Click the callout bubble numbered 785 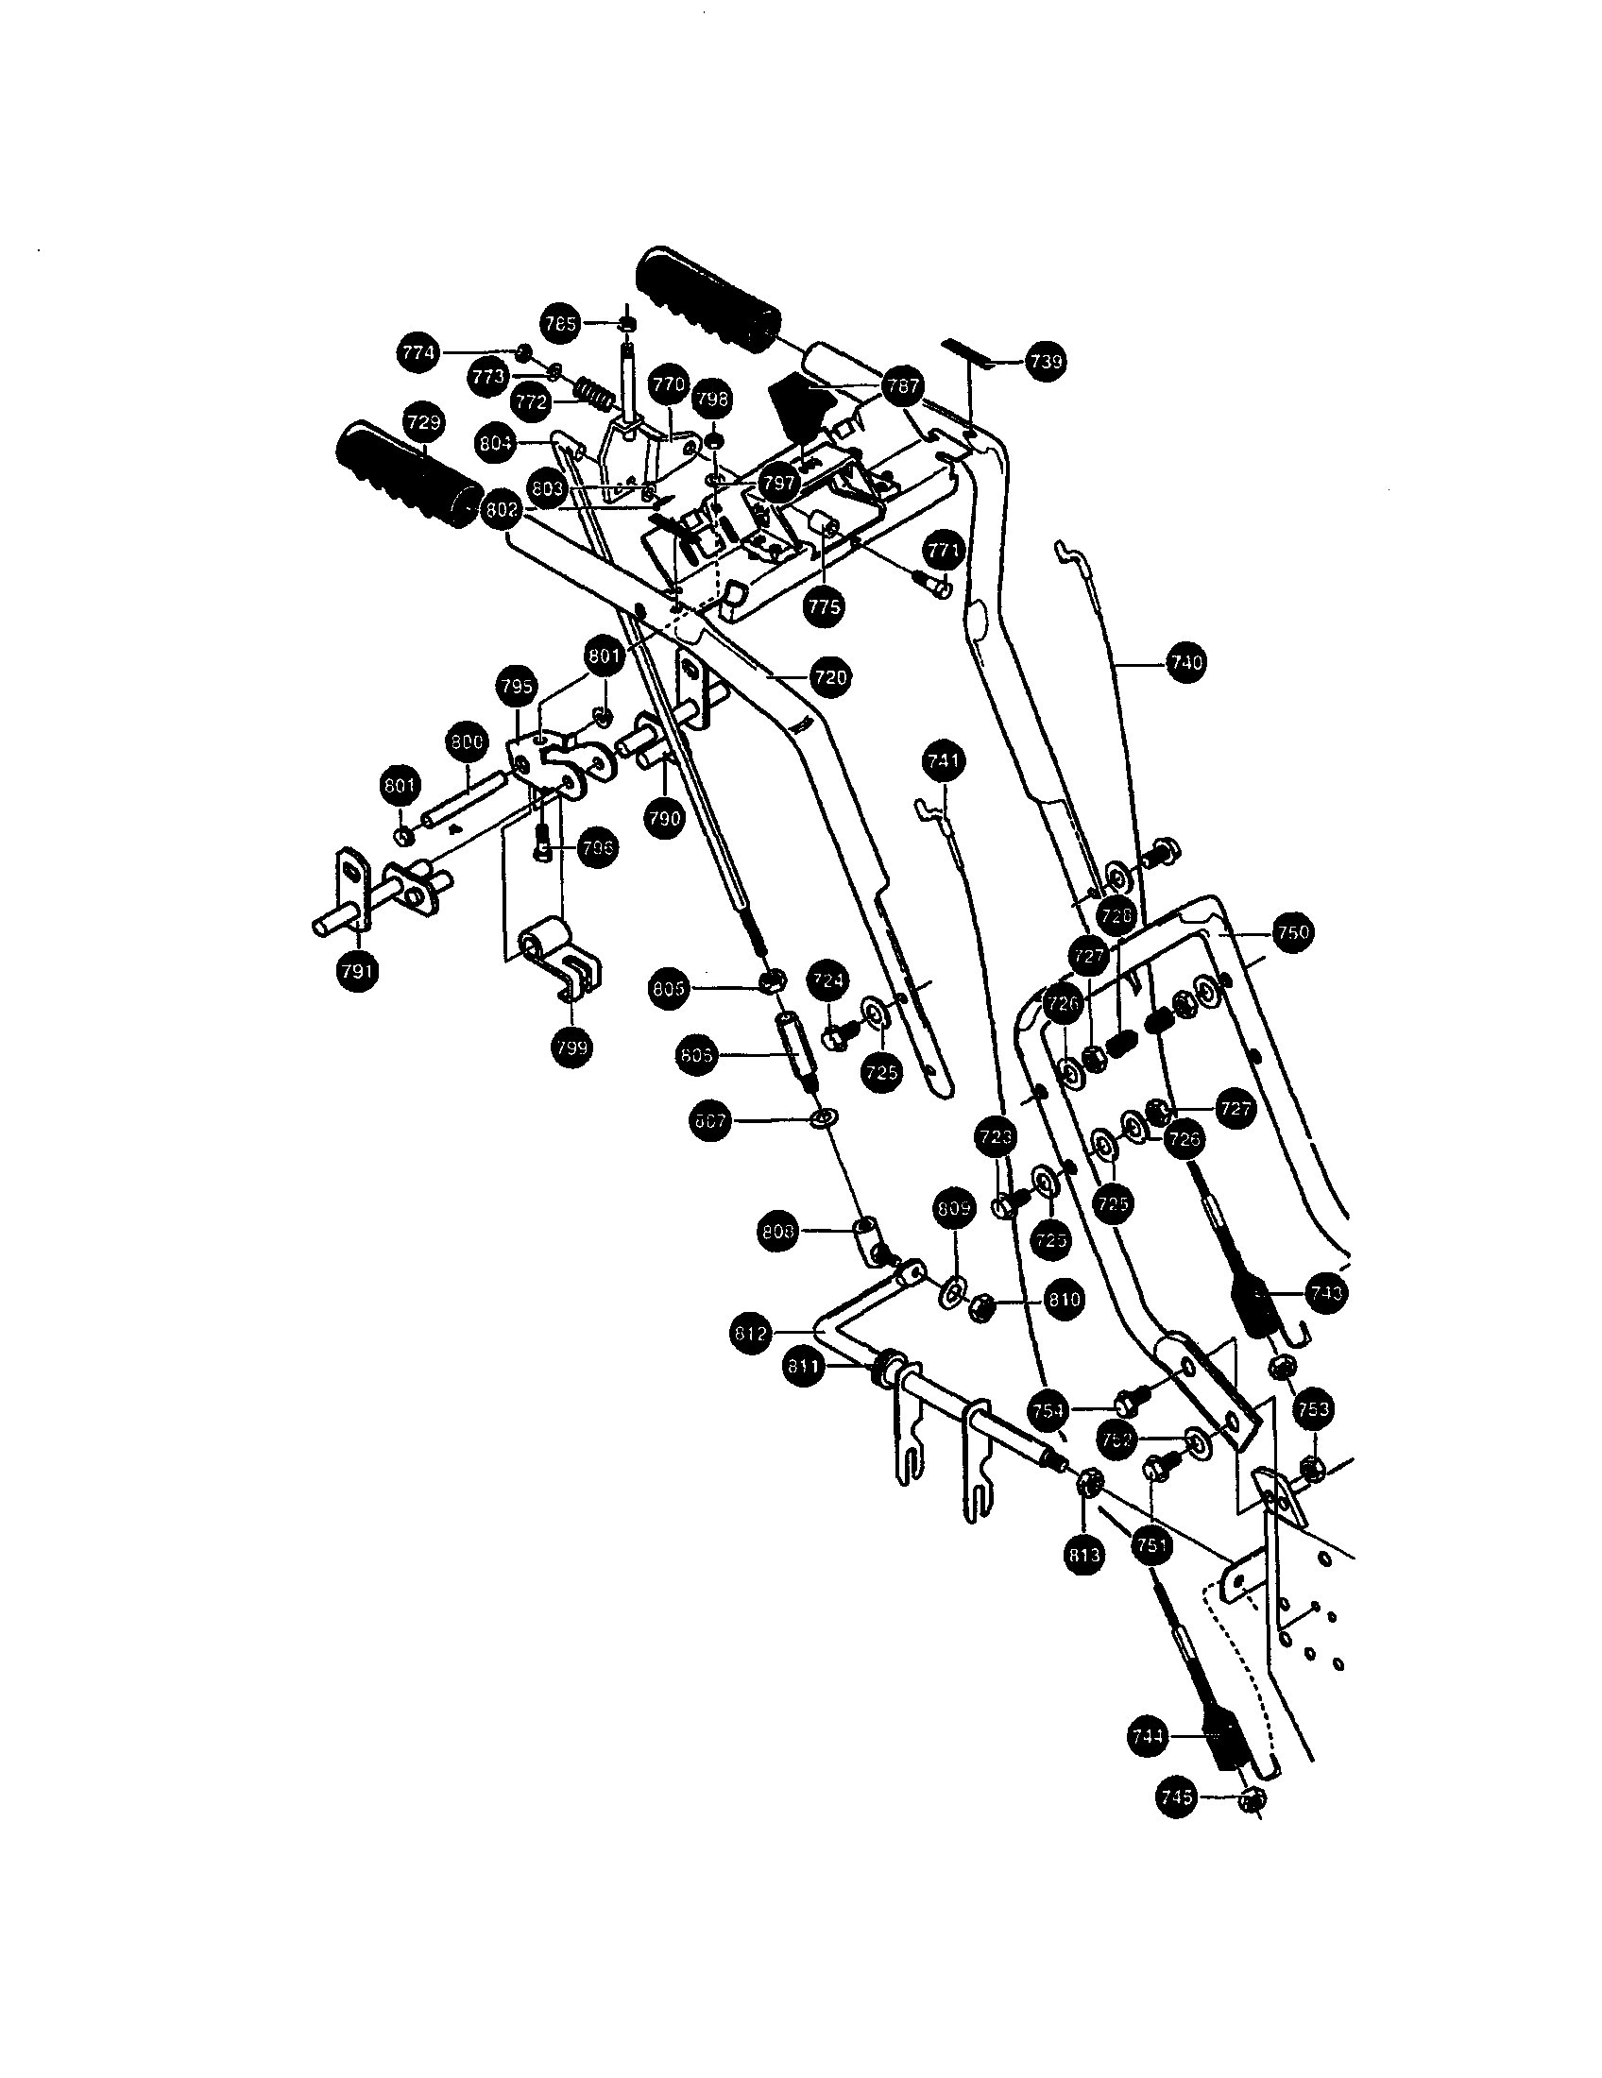pyautogui.click(x=559, y=323)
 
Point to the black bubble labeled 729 pyautogui.click(x=423, y=421)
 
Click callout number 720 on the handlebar pyautogui.click(x=830, y=677)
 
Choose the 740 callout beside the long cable pyautogui.click(x=1185, y=662)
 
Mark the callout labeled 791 pyautogui.click(x=357, y=970)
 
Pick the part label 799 pyautogui.click(x=571, y=1047)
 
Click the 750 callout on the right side pyautogui.click(x=1292, y=933)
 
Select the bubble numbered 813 pyautogui.click(x=1084, y=1555)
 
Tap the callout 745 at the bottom pyautogui.click(x=1177, y=1797)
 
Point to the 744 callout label pyautogui.click(x=1149, y=1736)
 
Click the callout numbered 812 pyautogui.click(x=751, y=1334)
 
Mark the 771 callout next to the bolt pyautogui.click(x=944, y=550)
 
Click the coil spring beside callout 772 pyautogui.click(x=591, y=390)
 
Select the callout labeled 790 pyautogui.click(x=663, y=817)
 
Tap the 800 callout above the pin pyautogui.click(x=466, y=742)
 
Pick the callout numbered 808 pyautogui.click(x=779, y=1232)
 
